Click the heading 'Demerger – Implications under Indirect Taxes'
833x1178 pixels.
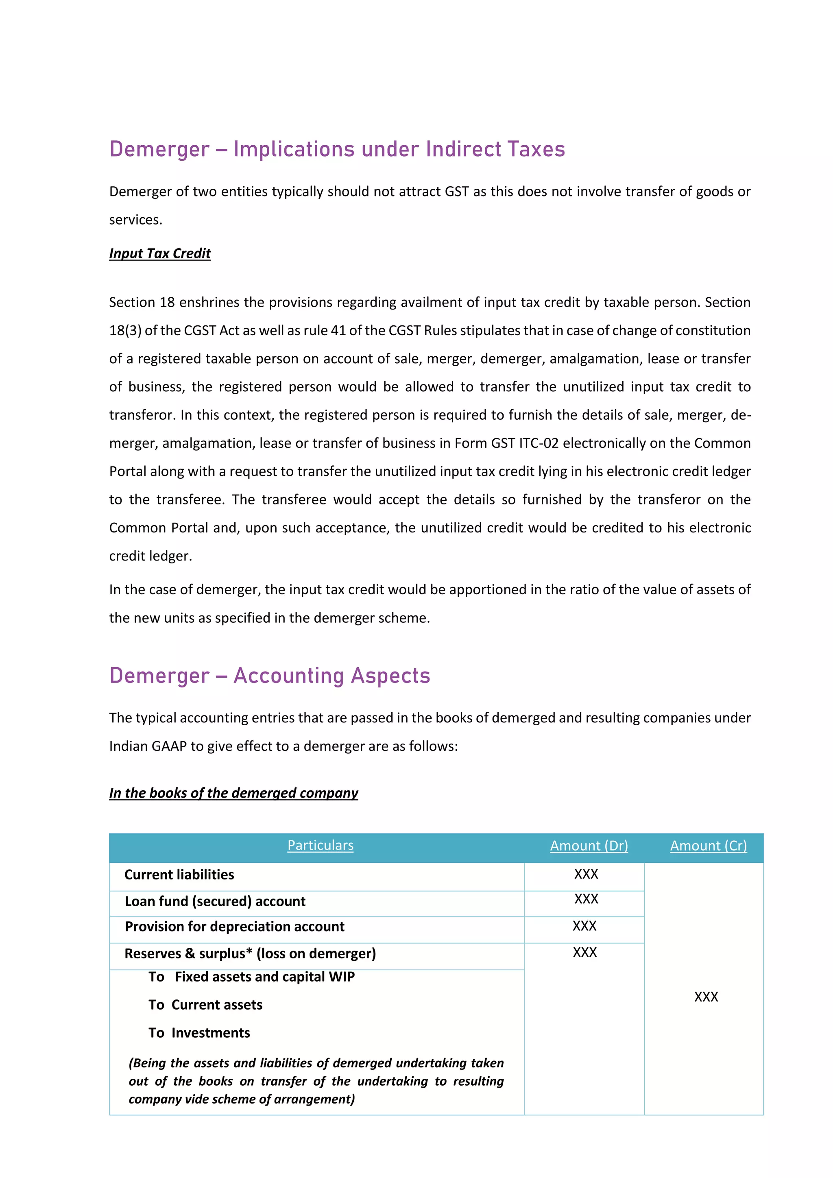pyautogui.click(x=337, y=149)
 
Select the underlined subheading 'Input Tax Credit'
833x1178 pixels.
pyautogui.click(x=159, y=253)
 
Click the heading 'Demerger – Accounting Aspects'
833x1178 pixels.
pyautogui.click(x=270, y=676)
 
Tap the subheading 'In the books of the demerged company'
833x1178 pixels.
pyautogui.click(x=233, y=793)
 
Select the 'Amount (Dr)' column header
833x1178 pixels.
pyautogui.click(x=589, y=846)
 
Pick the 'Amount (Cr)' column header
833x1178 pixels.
pyautogui.click(x=709, y=846)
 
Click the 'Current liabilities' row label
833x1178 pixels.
pyautogui.click(x=179, y=875)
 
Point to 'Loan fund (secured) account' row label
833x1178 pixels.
pyautogui.click(x=215, y=901)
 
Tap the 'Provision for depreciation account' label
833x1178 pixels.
pyautogui.click(x=234, y=927)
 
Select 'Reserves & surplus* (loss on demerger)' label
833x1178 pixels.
pyautogui.click(x=250, y=954)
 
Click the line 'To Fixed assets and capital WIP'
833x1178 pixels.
pyautogui.click(x=251, y=977)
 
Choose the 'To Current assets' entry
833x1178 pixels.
pyautogui.click(x=205, y=1005)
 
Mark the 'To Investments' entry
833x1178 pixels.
pyautogui.click(x=199, y=1033)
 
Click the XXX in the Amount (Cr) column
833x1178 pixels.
pyautogui.click(x=706, y=997)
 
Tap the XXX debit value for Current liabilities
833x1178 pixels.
pyautogui.click(x=586, y=874)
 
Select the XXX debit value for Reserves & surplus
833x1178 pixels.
pyautogui.click(x=585, y=953)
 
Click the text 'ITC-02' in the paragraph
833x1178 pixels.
pyautogui.click(x=539, y=443)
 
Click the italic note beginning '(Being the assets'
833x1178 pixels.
pyautogui.click(x=316, y=1081)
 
